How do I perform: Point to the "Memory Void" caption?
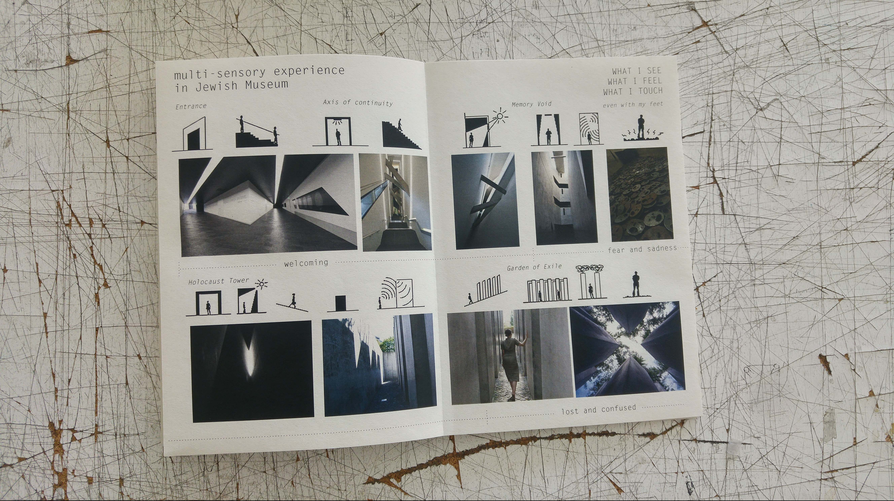531,104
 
